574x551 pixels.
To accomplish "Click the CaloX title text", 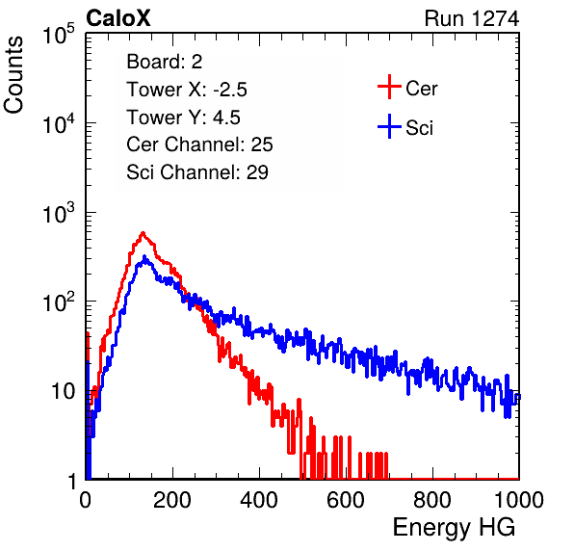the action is coord(117,18).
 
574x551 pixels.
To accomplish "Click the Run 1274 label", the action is coord(472,18).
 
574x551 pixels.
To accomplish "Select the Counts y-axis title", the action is coord(13,75).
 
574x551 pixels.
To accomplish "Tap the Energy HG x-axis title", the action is coord(454,528).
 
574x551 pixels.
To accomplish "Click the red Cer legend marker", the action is coord(389,87).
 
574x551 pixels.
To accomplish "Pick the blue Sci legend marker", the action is coord(389,127).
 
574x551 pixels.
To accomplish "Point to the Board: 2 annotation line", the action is coord(165,62).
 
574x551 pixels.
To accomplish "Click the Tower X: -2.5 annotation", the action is coord(187,90).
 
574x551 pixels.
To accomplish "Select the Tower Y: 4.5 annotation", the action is coord(183,118).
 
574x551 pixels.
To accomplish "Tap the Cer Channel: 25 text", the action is coord(199,144).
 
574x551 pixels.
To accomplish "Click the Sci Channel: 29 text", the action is coord(197,172).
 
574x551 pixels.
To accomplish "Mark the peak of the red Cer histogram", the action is coord(143,232).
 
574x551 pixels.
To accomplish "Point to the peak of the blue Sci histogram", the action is coord(144,256).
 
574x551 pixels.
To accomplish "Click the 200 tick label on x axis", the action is coord(172,500).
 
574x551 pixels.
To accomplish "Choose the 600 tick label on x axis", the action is coord(346,500).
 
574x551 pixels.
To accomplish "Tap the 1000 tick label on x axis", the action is coord(519,500).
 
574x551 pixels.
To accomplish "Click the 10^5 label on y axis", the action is coord(59,34).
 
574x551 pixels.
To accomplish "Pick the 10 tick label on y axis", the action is coord(64,392).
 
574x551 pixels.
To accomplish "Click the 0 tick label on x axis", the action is coord(86,500).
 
